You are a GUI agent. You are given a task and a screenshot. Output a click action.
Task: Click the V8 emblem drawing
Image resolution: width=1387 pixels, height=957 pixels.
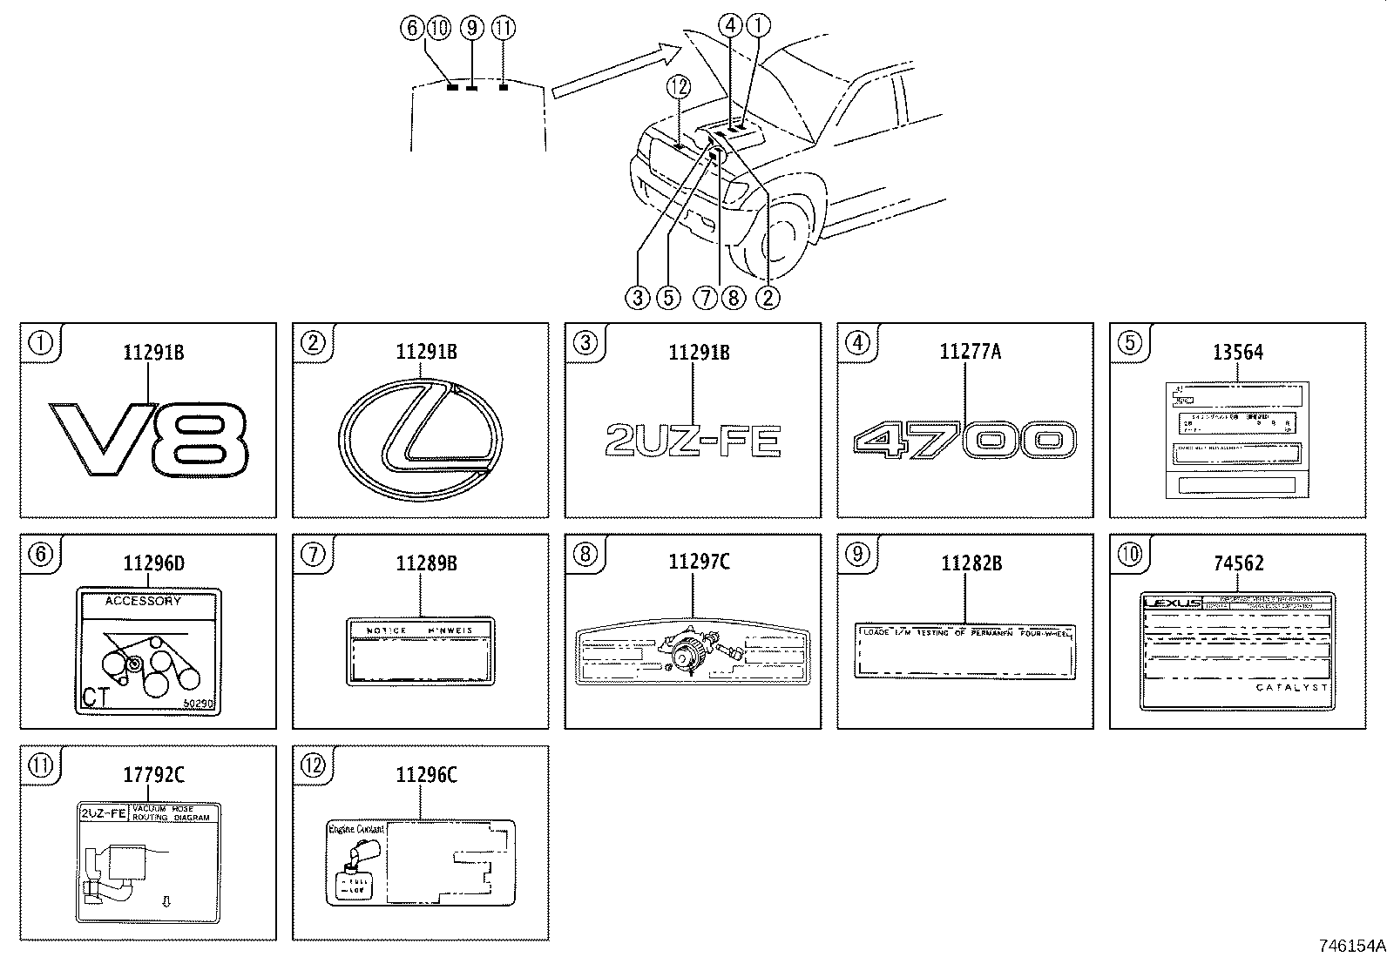148,439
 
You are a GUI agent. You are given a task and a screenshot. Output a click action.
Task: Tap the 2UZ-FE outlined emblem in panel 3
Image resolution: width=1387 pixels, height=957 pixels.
693,441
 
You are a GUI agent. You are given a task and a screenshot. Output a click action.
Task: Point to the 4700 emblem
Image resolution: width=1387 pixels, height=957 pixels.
965,441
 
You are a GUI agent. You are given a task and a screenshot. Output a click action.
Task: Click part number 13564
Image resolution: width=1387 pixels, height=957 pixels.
1237,353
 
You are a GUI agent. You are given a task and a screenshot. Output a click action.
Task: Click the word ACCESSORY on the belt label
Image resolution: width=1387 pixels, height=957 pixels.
143,601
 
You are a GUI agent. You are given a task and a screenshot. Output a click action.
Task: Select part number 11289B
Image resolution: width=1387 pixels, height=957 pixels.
421,563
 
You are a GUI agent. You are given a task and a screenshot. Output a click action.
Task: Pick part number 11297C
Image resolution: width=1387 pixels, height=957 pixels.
693,562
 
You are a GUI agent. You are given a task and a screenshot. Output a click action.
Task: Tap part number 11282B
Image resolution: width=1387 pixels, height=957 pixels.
965,563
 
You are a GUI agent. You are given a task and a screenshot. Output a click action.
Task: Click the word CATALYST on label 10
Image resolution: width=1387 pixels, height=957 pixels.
1292,687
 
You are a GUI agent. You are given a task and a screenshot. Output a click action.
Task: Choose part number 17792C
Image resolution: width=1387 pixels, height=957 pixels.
148,774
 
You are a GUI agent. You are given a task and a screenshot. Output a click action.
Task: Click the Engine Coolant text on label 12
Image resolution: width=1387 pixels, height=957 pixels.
356,829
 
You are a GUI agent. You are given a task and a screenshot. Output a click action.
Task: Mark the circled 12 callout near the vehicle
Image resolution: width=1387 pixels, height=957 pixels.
678,86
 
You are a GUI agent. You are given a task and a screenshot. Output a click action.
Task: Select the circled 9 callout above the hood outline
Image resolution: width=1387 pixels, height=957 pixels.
471,28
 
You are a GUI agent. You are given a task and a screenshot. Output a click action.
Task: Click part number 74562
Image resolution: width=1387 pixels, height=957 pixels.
1237,563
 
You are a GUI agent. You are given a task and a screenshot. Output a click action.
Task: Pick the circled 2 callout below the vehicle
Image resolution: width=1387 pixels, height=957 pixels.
767,298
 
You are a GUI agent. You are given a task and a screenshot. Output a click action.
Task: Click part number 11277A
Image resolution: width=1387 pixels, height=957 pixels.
965,352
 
